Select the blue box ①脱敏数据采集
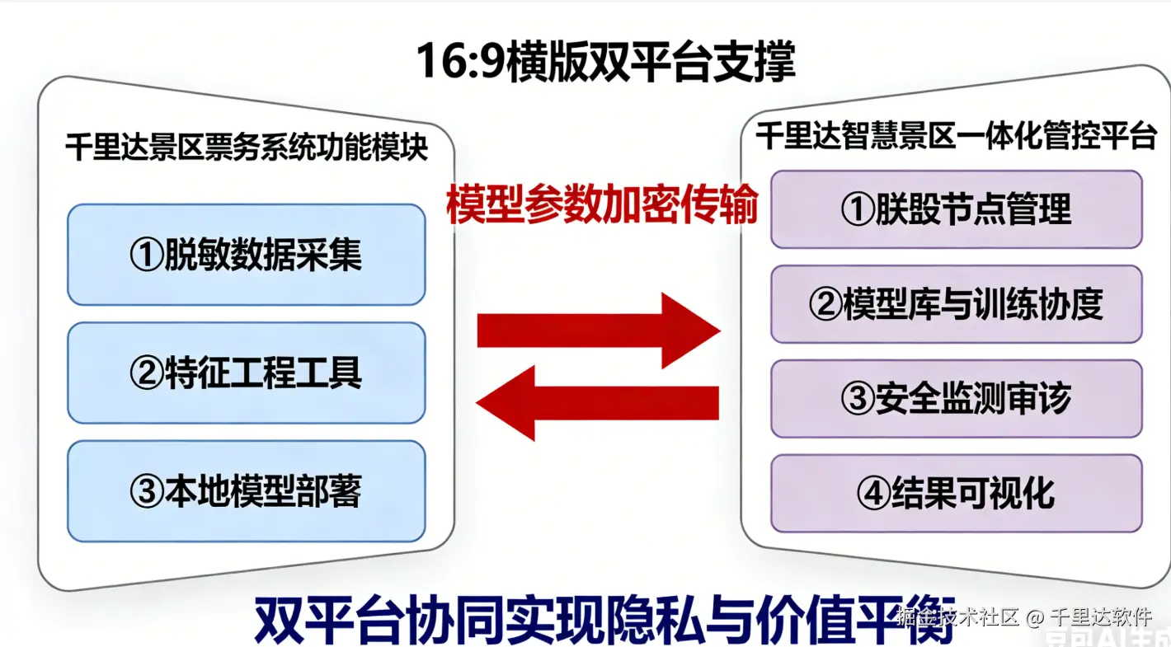pyautogui.click(x=246, y=256)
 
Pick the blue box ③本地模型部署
pyautogui.click(x=246, y=492)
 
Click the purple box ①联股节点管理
pyautogui.click(x=956, y=209)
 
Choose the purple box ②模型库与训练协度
pyautogui.click(x=956, y=305)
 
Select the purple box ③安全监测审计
pyautogui.click(x=956, y=400)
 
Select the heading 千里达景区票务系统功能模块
pyautogui.click(x=246, y=149)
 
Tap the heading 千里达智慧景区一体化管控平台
pyautogui.click(x=956, y=136)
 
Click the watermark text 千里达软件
pyautogui.click(x=1102, y=617)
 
